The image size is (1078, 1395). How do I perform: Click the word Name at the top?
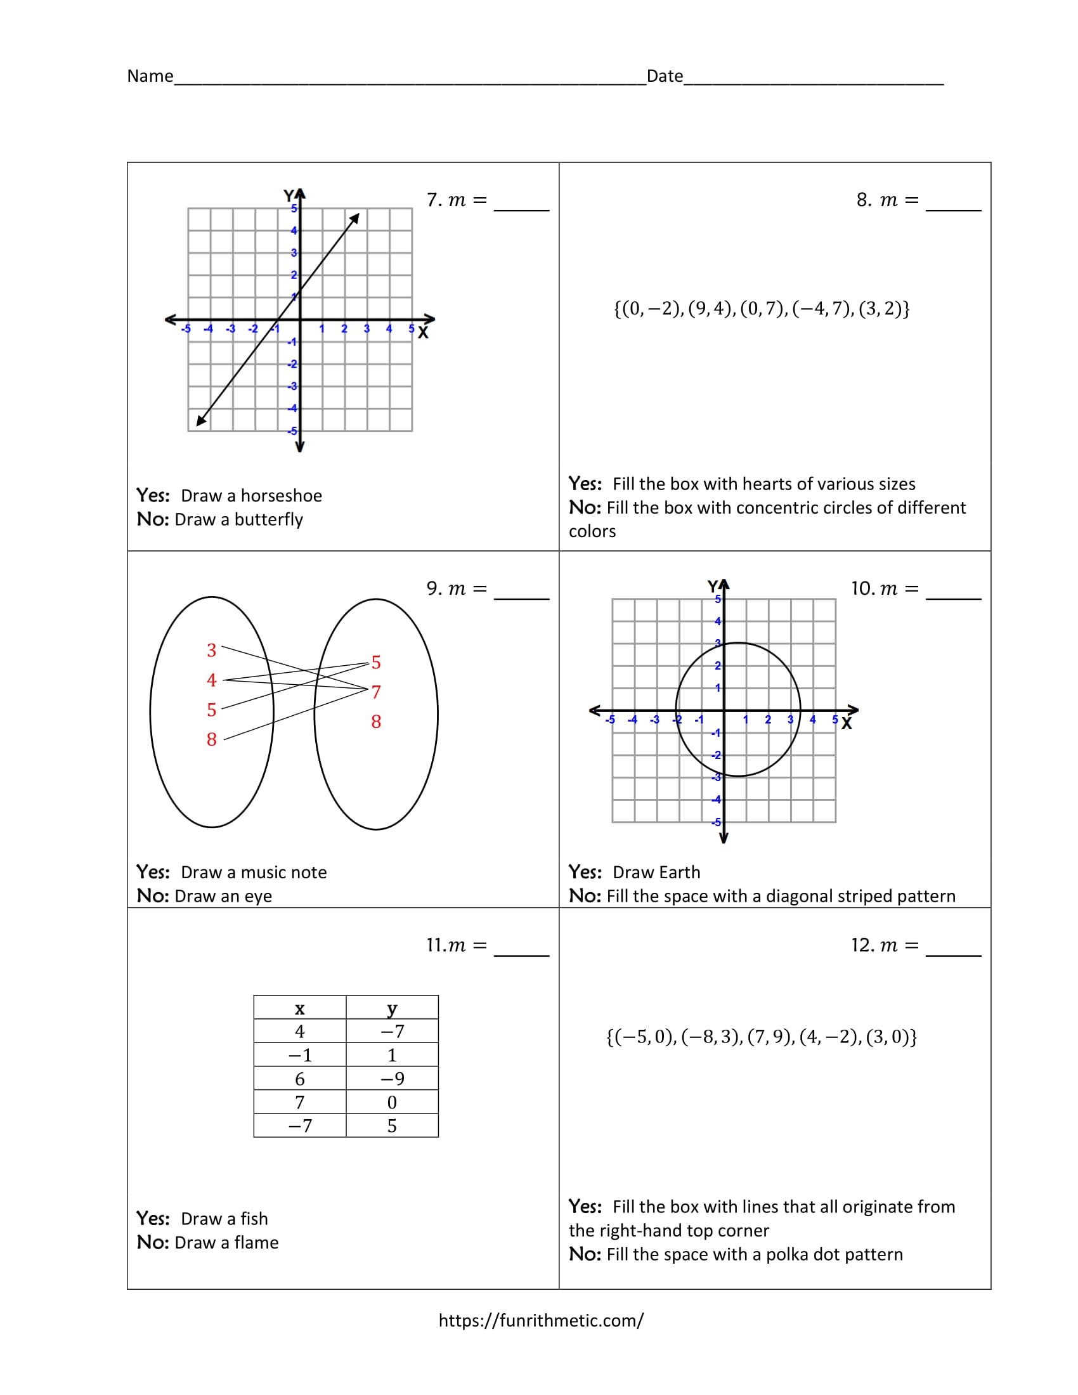(150, 76)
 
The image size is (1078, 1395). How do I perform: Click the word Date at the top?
(664, 76)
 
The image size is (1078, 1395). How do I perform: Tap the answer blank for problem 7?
(521, 202)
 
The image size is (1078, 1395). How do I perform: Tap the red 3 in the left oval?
(211, 650)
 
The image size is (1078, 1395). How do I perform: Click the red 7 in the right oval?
(376, 692)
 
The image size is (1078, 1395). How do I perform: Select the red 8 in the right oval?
(376, 722)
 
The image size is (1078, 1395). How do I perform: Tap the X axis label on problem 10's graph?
(846, 723)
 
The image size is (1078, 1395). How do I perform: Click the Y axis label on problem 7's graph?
(289, 195)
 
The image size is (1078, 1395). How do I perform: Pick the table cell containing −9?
(392, 1079)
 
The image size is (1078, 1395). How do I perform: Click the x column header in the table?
(299, 1009)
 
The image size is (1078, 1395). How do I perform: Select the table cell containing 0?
(392, 1103)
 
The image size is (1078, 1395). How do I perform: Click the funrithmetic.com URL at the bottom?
(540, 1320)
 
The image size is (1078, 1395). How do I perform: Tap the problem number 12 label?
(862, 945)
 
